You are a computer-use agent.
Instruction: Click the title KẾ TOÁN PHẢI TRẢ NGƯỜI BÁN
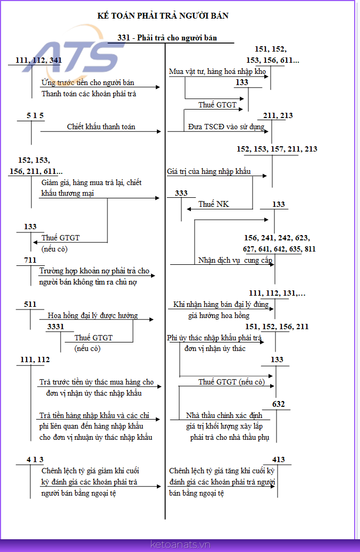[163, 15]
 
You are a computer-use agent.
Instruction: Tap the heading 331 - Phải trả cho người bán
[167, 38]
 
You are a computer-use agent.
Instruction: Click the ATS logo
[74, 53]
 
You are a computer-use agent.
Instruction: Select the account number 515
[35, 115]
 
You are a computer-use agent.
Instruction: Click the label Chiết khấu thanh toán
[101, 127]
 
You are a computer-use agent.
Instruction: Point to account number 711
[30, 260]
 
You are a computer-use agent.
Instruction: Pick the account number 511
[30, 304]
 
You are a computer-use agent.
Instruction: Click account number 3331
[56, 327]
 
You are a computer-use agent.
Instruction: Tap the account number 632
[278, 404]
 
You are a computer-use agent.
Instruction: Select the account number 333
[181, 193]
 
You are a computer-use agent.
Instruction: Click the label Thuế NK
[214, 204]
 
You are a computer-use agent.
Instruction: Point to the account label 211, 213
[278, 115]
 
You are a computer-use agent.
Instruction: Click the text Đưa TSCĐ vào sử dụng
[227, 127]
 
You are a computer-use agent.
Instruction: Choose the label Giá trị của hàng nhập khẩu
[208, 171]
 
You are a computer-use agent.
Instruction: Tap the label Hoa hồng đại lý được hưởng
[93, 315]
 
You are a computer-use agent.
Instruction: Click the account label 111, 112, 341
[38, 60]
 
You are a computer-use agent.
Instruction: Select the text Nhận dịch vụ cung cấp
[235, 260]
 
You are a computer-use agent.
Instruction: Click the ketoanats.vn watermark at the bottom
[180, 545]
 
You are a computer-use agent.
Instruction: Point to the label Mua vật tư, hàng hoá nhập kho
[217, 71]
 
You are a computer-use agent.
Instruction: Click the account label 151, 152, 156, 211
[277, 327]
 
